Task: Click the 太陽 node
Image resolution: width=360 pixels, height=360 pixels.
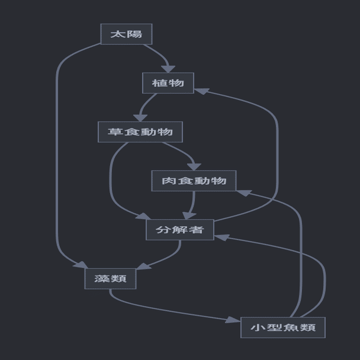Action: pos(126,34)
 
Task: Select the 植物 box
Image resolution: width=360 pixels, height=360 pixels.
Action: pos(168,83)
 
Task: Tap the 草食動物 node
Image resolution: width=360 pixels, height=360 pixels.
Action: pos(140,132)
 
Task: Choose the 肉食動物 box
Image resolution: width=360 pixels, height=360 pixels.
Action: pos(194,181)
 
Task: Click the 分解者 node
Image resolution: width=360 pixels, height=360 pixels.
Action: pos(180,230)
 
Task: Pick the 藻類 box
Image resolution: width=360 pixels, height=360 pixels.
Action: pos(111,278)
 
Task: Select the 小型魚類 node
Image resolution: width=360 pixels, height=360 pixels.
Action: pos(283,327)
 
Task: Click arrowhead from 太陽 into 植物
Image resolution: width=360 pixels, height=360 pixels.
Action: pos(168,69)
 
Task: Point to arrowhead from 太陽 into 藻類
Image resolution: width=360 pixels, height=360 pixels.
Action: pos(81,265)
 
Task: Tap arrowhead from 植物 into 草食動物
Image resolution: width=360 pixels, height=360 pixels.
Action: pos(140,118)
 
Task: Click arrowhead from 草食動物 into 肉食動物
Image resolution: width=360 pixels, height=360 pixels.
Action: pos(194,167)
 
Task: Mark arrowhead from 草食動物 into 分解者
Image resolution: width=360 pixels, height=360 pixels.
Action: pos(143,216)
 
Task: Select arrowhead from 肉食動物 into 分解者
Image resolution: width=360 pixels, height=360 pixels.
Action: pos(189,216)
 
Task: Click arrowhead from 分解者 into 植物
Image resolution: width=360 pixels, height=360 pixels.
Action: pos(201,91)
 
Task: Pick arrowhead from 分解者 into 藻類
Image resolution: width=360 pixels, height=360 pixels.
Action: pos(143,266)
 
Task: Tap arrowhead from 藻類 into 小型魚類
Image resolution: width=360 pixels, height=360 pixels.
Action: pos(233,320)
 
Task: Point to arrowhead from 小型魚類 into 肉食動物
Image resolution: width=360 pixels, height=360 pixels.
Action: pos(245,193)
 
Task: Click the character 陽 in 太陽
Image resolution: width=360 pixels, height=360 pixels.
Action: pos(134,34)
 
